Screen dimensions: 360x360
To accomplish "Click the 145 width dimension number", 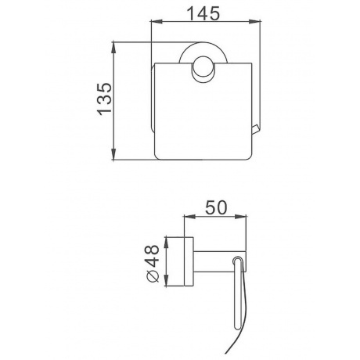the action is [203, 13].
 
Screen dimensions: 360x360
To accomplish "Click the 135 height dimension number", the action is [104, 99].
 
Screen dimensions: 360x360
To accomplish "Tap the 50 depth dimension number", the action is [216, 207].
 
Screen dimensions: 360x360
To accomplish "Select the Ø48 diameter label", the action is [153, 263].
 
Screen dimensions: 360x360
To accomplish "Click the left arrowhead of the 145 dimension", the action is [157, 22].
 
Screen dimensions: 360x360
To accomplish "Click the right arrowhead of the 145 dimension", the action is [254, 22].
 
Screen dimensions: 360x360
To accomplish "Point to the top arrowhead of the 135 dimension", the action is [113, 48].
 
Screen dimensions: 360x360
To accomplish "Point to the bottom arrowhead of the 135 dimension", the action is [113, 153].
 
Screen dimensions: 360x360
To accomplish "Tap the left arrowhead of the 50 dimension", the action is [190, 216].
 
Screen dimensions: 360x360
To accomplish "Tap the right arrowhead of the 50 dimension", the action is [240, 216].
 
